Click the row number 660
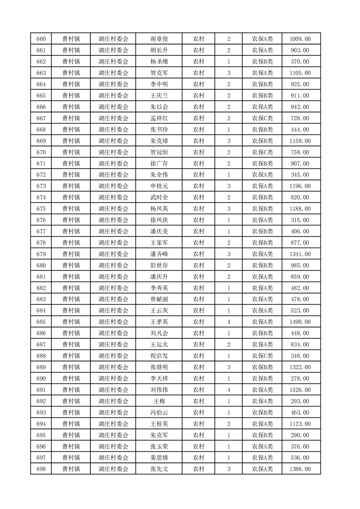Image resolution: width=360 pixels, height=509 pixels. click(x=40, y=39)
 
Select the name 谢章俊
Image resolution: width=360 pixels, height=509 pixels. click(x=159, y=39)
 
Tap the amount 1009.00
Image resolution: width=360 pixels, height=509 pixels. click(x=300, y=39)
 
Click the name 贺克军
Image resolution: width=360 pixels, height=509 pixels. click(x=159, y=73)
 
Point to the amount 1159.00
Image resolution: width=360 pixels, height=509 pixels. click(x=300, y=141)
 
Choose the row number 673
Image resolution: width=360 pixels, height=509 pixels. click(x=40, y=186)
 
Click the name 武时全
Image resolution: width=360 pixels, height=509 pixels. click(x=159, y=197)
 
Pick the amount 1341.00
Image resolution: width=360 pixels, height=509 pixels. click(x=300, y=254)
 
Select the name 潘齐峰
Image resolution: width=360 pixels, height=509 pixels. click(x=159, y=254)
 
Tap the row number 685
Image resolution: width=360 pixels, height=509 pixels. click(x=40, y=322)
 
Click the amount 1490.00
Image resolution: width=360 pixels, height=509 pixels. click(x=300, y=322)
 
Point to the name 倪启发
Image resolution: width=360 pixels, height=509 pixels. click(x=159, y=356)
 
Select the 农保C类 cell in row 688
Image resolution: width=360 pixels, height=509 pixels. click(x=262, y=356)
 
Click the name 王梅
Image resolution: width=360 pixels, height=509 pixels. click(x=159, y=401)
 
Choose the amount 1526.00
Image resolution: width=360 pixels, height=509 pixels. click(x=300, y=390)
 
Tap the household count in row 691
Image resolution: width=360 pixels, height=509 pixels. click(x=228, y=390)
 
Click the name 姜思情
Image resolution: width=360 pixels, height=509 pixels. click(x=159, y=458)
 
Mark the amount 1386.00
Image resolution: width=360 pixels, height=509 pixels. click(x=300, y=469)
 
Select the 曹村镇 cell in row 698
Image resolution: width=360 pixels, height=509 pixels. click(x=71, y=469)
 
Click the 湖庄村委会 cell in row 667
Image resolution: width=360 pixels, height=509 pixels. click(x=113, y=118)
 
